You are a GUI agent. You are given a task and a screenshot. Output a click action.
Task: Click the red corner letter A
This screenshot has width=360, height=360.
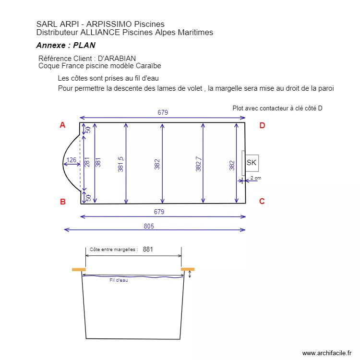click(62, 125)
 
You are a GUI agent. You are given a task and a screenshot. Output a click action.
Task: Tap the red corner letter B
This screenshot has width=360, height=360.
click(63, 202)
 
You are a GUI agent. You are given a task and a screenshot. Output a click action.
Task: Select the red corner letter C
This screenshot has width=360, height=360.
click(262, 201)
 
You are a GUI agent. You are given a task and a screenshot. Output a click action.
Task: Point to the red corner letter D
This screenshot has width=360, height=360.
click(262, 125)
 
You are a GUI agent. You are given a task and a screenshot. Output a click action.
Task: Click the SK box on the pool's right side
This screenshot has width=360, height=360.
click(252, 163)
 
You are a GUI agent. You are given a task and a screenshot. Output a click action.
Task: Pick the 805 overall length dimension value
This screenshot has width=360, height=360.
click(149, 226)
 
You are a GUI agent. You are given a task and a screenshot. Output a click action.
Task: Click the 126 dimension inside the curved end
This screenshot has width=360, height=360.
click(71, 160)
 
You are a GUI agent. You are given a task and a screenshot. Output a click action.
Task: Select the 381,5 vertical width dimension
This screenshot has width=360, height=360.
click(120, 164)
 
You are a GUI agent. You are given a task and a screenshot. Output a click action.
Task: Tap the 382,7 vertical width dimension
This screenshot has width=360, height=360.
click(198, 164)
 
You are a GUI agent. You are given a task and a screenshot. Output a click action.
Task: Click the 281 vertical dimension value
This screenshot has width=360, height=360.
click(87, 162)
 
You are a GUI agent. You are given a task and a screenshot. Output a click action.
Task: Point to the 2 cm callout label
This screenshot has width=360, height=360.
click(256, 178)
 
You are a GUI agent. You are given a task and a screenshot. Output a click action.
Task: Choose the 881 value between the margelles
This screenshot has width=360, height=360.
click(148, 249)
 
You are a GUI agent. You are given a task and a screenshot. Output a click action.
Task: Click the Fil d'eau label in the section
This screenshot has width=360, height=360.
click(119, 280)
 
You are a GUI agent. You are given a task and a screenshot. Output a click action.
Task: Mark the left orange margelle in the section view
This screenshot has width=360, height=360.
click(79, 270)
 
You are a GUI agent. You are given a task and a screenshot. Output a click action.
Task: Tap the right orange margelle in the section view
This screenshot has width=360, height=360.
click(188, 269)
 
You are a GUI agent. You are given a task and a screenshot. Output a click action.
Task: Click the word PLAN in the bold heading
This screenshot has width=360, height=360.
click(84, 45)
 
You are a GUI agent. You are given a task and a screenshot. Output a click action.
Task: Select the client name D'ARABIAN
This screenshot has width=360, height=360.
click(117, 58)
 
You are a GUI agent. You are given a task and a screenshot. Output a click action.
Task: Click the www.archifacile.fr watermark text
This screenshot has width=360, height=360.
click(327, 353)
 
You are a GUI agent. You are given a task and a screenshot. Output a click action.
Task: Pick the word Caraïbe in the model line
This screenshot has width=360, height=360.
click(148, 66)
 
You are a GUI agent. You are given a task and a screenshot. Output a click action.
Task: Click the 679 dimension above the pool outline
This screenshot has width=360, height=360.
click(163, 112)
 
